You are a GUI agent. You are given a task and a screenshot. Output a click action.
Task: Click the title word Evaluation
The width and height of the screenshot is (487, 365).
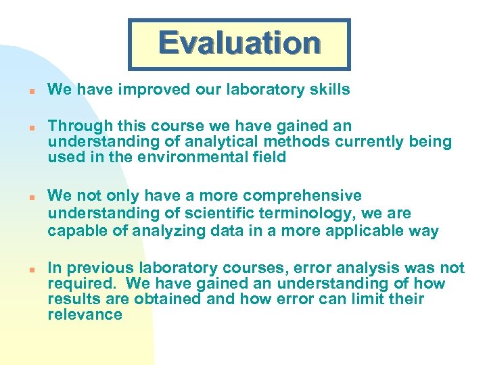click(x=239, y=43)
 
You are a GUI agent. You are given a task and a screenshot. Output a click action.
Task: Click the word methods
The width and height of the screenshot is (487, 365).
click(x=286, y=142)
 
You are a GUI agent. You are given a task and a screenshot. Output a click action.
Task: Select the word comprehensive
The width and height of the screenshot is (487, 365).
click(x=302, y=196)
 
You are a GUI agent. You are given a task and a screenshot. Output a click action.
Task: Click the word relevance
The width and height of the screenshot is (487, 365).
click(x=85, y=314)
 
